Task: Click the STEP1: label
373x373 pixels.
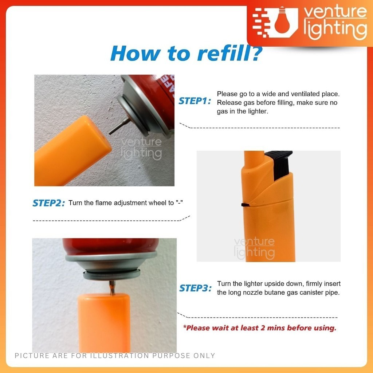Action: pos(195,101)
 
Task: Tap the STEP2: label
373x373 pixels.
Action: pos(48,203)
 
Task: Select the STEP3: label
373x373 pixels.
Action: pos(195,288)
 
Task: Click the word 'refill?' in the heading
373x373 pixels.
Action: pos(230,53)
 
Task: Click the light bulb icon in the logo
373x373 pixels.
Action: pos(282,21)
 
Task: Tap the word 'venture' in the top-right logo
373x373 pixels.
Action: pos(335,12)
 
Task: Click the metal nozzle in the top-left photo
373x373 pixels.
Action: pos(119,126)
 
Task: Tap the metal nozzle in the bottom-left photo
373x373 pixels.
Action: pos(112,287)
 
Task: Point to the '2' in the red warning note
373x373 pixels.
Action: pos(263,328)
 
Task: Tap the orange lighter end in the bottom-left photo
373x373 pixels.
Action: pos(104,322)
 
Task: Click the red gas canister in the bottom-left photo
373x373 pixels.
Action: pos(111,246)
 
